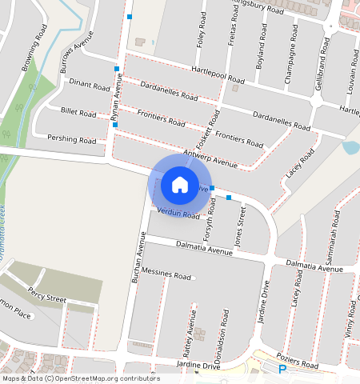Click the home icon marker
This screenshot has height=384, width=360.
180,185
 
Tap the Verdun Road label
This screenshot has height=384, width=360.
178,214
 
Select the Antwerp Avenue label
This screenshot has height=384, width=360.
210,158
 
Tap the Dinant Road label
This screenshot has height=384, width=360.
89,86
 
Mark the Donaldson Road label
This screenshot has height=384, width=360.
226,330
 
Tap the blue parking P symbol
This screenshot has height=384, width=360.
282,369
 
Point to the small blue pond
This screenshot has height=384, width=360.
350,147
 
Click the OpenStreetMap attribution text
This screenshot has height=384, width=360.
81,378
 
